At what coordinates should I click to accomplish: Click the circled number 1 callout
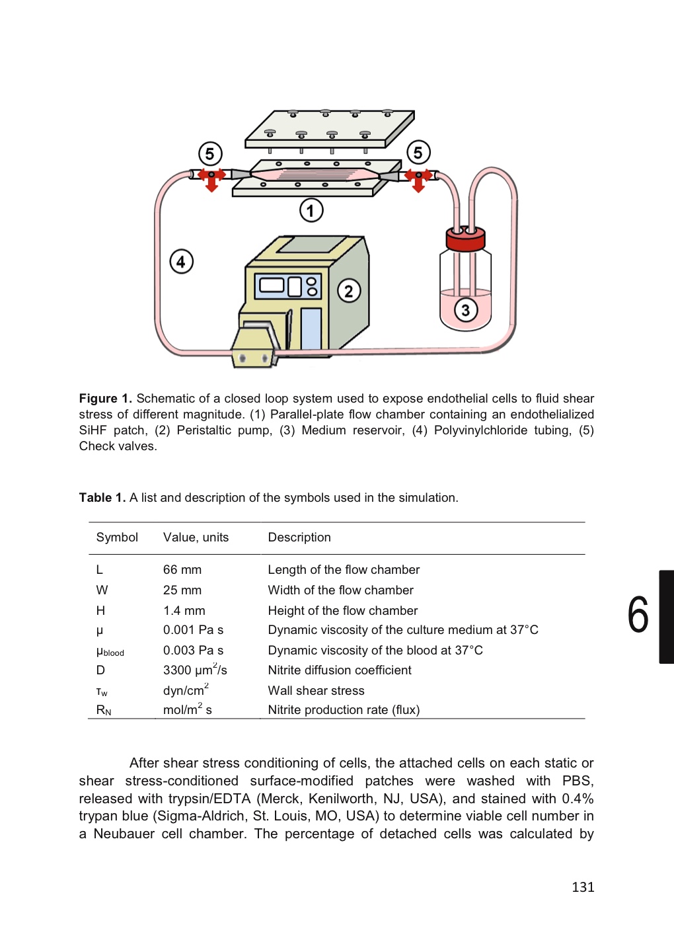point(311,211)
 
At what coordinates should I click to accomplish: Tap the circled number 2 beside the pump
point(349,291)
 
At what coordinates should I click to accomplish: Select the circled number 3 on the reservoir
point(466,309)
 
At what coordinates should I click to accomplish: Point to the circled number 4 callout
point(182,262)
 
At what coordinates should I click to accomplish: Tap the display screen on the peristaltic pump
point(272,285)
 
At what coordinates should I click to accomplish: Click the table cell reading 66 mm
point(182,570)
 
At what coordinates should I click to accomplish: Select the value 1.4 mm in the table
point(184,611)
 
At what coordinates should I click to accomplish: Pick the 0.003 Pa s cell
point(193,651)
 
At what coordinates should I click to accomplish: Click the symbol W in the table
point(102,590)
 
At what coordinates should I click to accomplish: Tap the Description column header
point(299,537)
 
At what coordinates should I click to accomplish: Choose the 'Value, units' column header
point(196,537)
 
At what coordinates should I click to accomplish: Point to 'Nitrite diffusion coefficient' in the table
point(340,670)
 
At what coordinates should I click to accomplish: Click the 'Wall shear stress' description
point(316,691)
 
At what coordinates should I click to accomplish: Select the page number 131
point(583,887)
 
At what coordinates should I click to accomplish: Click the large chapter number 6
point(638,615)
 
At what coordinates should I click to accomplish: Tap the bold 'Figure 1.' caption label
point(105,399)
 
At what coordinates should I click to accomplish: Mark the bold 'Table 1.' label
point(102,498)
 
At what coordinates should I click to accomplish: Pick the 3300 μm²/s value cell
point(195,670)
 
